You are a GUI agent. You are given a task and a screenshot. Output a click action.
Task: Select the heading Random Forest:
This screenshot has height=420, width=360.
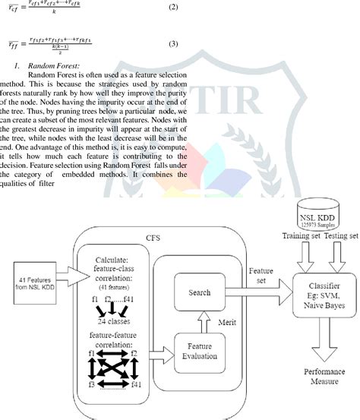point(55,67)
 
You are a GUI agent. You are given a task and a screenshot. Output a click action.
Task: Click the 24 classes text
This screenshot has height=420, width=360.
point(112,322)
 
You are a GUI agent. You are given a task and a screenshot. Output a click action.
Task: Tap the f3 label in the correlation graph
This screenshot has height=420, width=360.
point(92,385)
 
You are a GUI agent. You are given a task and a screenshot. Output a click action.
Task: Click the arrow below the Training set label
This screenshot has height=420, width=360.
point(302,257)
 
